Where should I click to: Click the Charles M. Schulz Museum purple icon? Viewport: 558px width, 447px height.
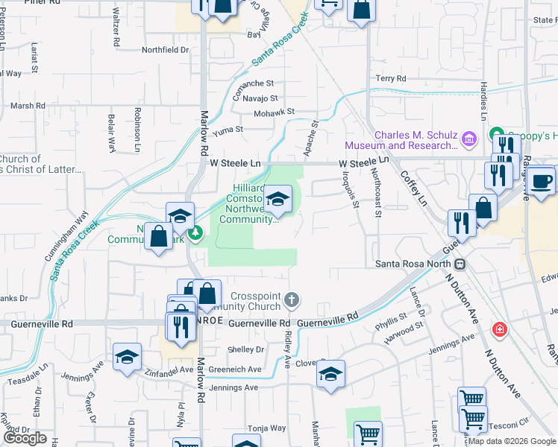tap(469, 139)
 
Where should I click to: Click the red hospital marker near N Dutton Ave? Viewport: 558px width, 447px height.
tap(498, 329)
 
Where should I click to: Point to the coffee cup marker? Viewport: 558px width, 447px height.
tap(543, 180)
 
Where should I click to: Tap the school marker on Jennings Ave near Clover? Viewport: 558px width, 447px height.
tap(330, 374)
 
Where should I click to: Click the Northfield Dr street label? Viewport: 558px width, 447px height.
tap(166, 50)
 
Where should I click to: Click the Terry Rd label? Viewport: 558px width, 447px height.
tap(391, 78)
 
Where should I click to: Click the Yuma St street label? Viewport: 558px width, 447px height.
tap(228, 130)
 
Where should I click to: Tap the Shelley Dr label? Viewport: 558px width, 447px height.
tap(246, 349)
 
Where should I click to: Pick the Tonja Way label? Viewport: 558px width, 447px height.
tap(267, 428)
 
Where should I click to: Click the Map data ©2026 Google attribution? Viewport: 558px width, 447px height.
tap(511, 441)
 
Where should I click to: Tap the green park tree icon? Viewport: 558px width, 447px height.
tap(196, 234)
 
